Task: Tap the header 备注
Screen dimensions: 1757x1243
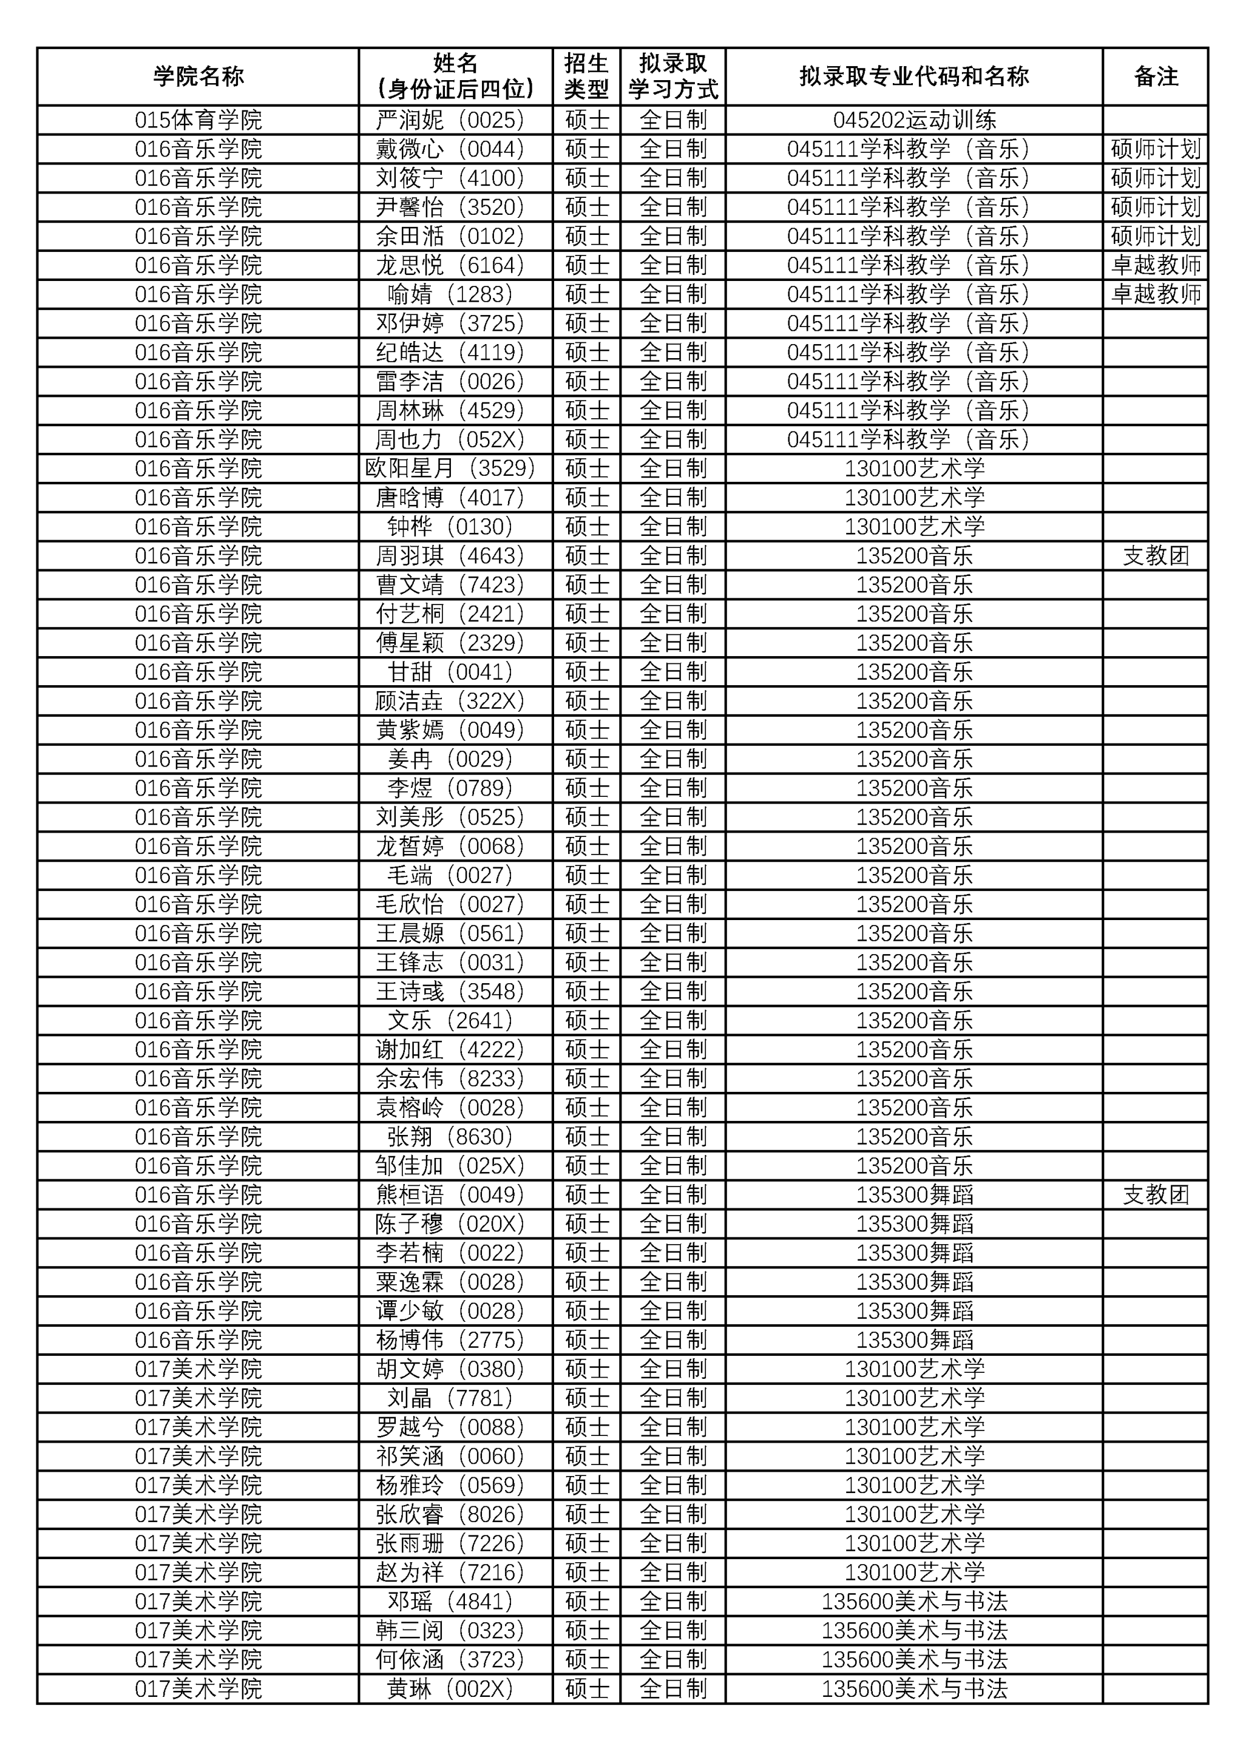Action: click(x=1155, y=76)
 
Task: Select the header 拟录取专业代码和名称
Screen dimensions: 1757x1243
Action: click(x=914, y=76)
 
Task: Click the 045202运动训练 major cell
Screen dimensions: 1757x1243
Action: click(x=914, y=120)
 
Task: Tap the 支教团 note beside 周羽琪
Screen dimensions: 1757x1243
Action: click(x=1155, y=555)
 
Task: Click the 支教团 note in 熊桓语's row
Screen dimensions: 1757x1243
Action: click(x=1155, y=1194)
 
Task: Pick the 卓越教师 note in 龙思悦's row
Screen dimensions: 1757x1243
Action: click(x=1155, y=266)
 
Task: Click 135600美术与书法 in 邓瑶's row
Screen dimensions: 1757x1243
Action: click(x=914, y=1601)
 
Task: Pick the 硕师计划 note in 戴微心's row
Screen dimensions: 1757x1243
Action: click(x=1155, y=149)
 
